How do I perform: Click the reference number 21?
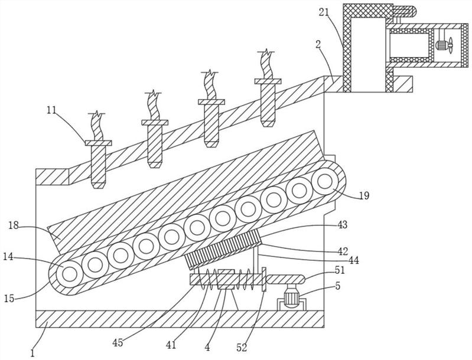click(x=325, y=13)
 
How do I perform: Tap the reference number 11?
click(x=51, y=110)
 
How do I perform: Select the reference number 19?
click(x=364, y=196)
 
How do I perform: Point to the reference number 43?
click(x=341, y=225)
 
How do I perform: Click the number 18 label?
click(x=14, y=225)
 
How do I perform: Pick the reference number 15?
click(x=9, y=299)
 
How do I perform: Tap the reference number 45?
click(x=118, y=342)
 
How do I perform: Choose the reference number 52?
click(x=242, y=348)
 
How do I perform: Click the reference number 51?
click(x=339, y=270)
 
